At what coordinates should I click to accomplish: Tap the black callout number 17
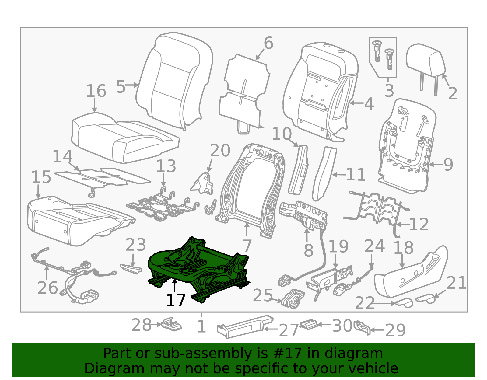click(x=176, y=301)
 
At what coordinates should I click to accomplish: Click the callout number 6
click(x=268, y=43)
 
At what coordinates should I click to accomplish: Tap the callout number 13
click(x=166, y=166)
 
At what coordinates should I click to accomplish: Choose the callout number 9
click(x=448, y=165)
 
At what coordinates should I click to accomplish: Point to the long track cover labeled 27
click(x=243, y=327)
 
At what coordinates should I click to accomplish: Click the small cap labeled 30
click(x=309, y=324)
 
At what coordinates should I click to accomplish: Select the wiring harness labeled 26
click(x=73, y=274)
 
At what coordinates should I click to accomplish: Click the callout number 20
click(x=220, y=151)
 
